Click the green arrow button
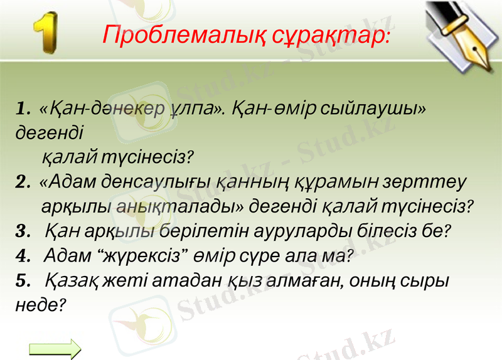pyautogui.click(x=55, y=349)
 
